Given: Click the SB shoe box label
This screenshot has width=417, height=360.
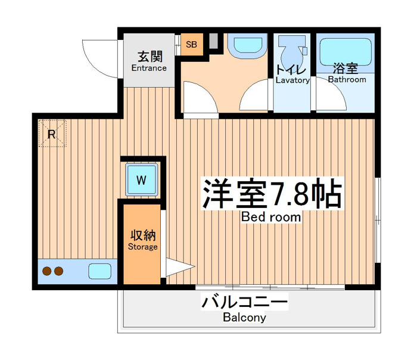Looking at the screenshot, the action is point(191,44).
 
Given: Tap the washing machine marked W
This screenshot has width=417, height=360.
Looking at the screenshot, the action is point(141,180).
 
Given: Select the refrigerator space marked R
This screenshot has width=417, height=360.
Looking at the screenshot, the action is point(52,134).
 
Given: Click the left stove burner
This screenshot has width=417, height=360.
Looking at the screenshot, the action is point(47,271).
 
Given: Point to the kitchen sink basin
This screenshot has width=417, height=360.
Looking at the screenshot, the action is point(99,271).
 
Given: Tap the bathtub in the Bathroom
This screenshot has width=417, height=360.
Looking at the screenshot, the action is point(345,52).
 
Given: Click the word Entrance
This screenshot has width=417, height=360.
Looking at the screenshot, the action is point(149,68).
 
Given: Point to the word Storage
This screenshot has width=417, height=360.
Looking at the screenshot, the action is point(143,247).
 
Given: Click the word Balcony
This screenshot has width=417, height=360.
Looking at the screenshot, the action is point(244,318).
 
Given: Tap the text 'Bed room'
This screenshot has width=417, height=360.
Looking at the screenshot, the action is point(271,217).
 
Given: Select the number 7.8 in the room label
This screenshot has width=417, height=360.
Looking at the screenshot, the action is point(288,193).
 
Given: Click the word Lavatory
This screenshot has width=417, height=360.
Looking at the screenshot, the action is point(292,80).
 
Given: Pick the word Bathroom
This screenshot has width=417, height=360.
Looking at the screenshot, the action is point(347,79).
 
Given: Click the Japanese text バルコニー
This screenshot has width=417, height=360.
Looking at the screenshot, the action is point(244,302).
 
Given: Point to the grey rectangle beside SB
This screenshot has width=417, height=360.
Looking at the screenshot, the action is point(213,41).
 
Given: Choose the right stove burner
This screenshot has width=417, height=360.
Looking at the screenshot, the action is point(59,271).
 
